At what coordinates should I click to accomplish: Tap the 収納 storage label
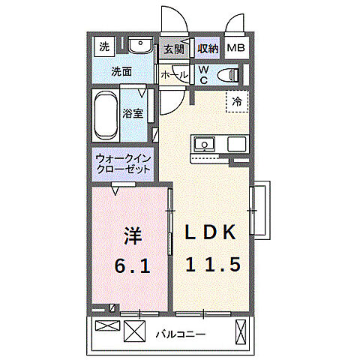208,49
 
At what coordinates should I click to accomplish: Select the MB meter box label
235,49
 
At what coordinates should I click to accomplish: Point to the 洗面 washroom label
122,72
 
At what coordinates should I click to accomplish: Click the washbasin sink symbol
139,47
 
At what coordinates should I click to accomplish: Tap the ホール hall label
173,75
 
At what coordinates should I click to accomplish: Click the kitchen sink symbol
204,144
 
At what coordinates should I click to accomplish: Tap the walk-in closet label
122,164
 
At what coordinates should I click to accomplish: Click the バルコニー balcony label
181,334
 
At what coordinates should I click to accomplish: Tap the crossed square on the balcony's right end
241,331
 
